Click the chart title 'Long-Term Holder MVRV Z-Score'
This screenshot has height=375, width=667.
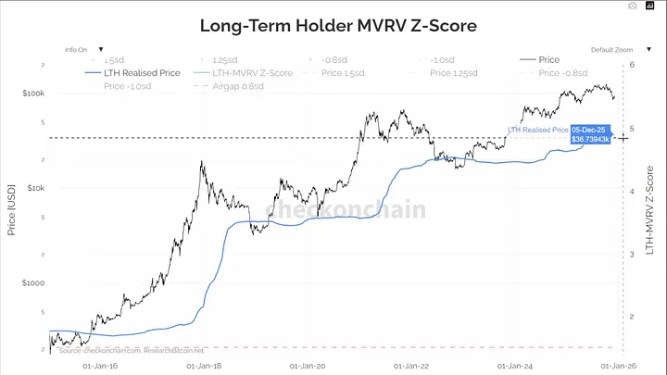338,25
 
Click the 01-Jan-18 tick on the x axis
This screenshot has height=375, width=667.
206,367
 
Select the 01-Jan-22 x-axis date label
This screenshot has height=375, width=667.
411,367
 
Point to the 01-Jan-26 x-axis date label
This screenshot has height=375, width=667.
618,367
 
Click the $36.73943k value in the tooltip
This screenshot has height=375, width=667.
590,140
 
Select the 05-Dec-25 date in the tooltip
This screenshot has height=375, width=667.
587,129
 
